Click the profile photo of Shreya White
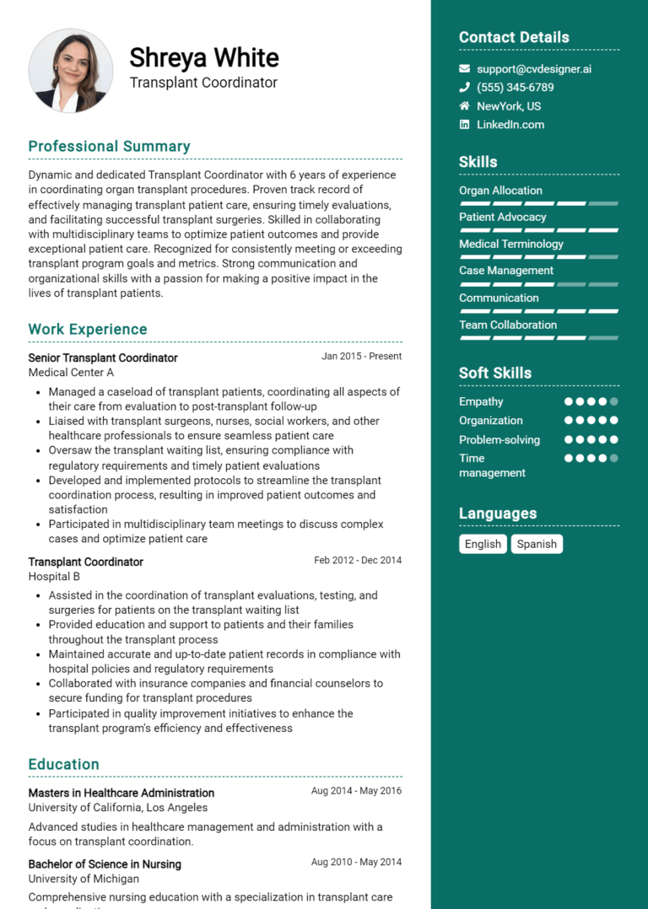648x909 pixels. coord(71,71)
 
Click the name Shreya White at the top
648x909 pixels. coord(203,57)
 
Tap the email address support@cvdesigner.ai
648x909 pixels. coord(533,69)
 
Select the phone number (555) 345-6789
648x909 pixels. coord(515,88)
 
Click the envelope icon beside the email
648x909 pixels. coord(464,69)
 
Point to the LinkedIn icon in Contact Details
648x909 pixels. coord(464,125)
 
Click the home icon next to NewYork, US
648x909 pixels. coord(464,106)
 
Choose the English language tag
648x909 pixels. coord(483,544)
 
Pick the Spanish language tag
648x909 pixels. coord(537,544)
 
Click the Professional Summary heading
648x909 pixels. coord(109,147)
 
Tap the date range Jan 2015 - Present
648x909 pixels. coord(361,357)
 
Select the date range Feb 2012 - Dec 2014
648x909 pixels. coord(358,561)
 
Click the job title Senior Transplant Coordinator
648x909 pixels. coord(103,358)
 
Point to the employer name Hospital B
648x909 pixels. coord(54,577)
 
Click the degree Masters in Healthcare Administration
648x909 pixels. coord(121,793)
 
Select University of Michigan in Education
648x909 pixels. coord(84,879)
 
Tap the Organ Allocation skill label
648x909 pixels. coord(500,191)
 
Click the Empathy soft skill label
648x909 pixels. coord(481,401)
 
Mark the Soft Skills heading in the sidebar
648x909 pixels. coord(494,373)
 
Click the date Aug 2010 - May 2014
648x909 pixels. coord(356,863)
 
